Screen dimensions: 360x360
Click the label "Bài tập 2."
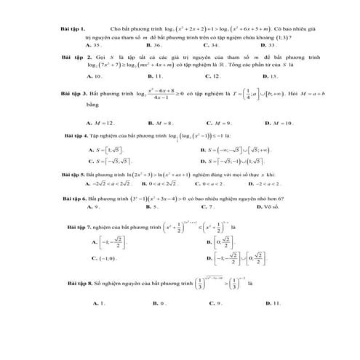(77, 56)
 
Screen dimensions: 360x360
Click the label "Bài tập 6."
(78, 198)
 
